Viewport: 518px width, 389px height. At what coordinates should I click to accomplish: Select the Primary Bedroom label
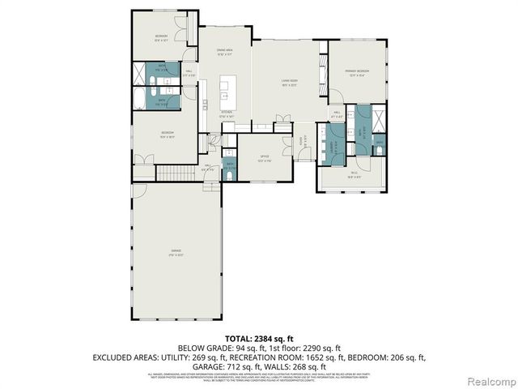coord(359,73)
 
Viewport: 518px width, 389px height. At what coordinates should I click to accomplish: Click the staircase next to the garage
coord(172,173)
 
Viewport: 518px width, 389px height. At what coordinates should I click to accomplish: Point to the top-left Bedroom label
coord(162,38)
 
